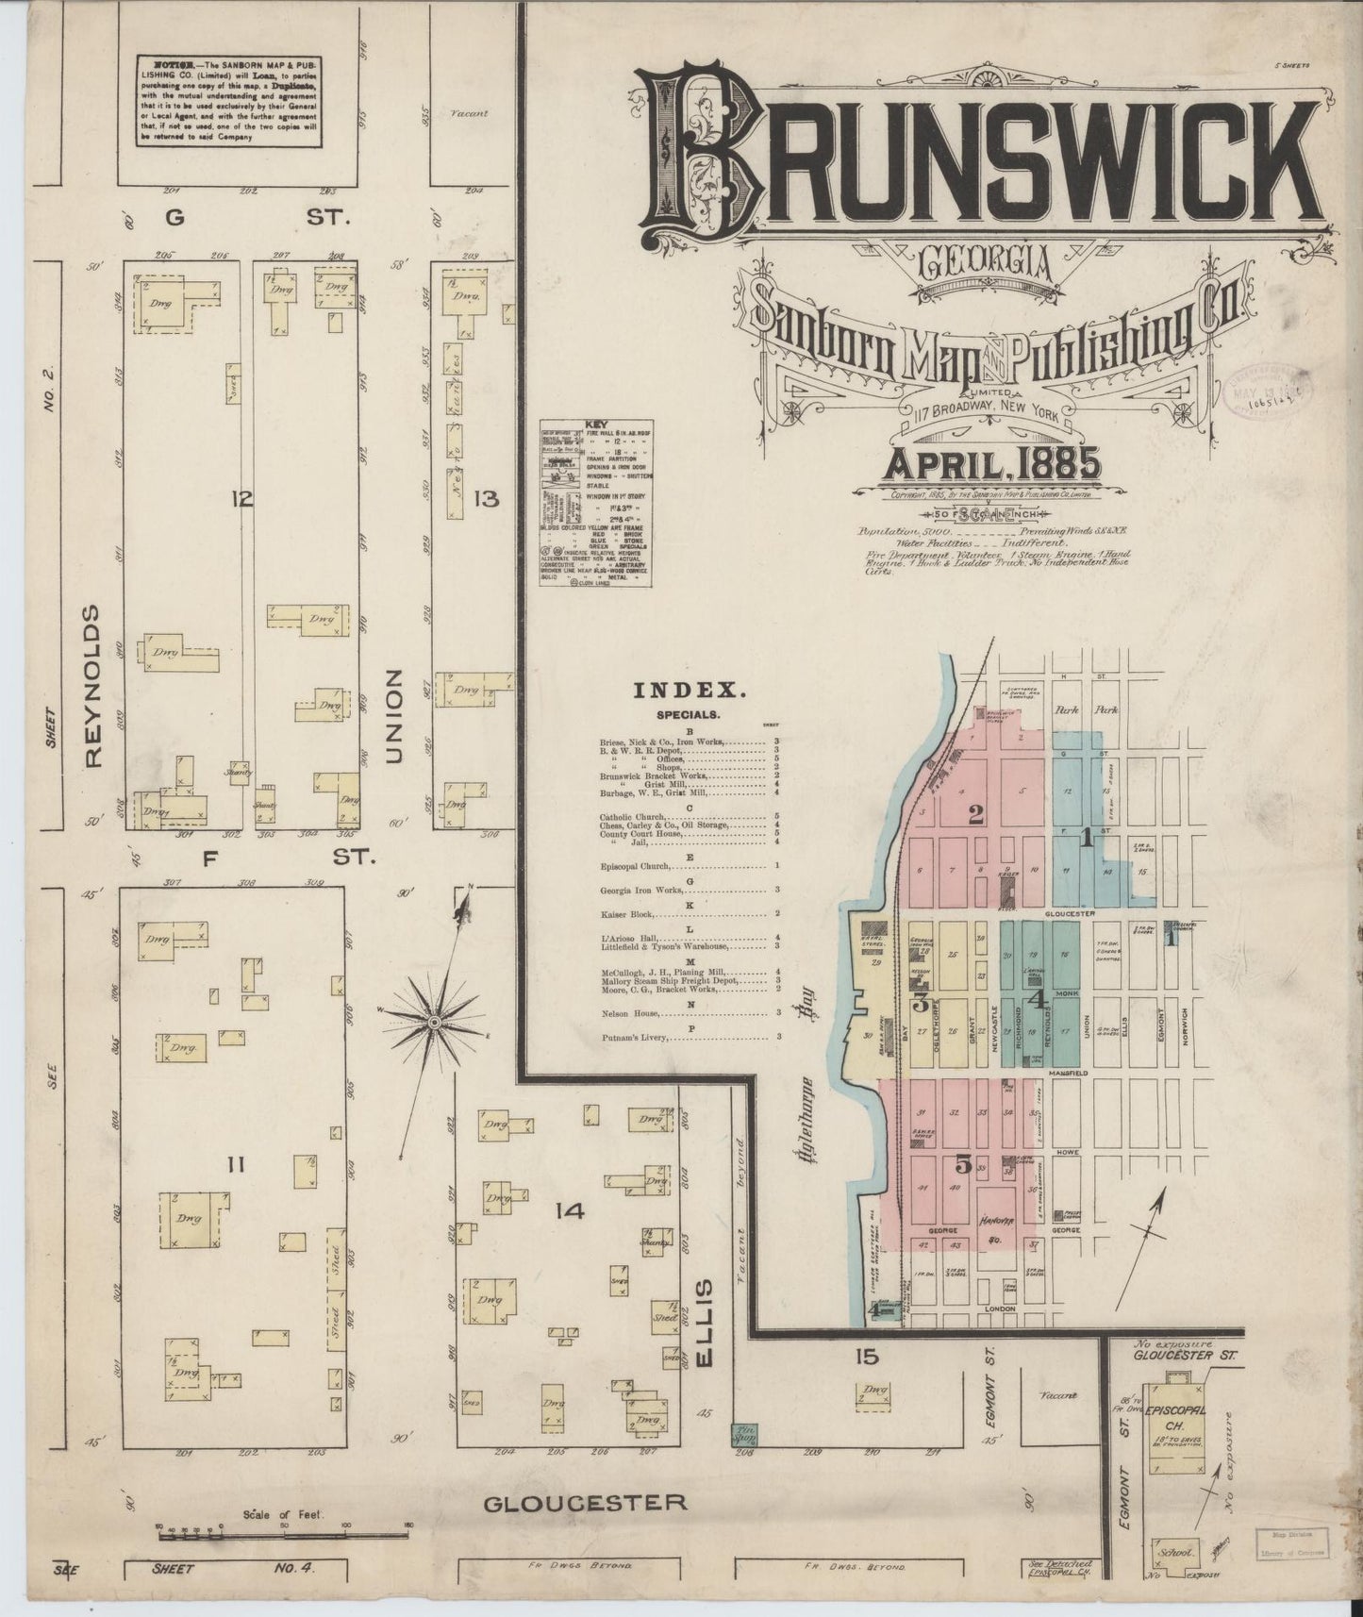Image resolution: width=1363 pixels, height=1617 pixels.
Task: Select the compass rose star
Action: pos(433,1022)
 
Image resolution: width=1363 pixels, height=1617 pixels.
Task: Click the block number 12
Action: pos(243,499)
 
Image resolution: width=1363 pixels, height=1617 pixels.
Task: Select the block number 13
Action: pos(487,499)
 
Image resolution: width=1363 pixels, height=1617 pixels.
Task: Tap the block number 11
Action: pos(236,1167)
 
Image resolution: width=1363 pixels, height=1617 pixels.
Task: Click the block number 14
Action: pos(571,1210)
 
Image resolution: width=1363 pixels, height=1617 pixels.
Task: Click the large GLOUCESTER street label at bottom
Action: pos(585,1503)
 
